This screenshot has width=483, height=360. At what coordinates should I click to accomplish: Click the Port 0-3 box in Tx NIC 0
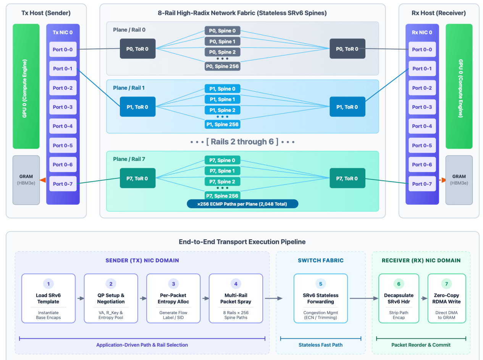[63, 107]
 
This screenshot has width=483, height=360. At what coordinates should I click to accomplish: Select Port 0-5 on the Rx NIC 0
[422, 145]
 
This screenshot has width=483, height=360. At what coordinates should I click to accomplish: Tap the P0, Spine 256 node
[222, 66]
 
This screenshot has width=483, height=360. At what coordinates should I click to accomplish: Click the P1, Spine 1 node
[222, 99]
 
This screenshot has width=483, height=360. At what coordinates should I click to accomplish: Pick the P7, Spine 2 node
[222, 182]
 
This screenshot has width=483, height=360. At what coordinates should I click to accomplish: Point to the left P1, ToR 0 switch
[137, 107]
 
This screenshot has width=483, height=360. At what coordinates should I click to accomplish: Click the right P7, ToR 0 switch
[347, 178]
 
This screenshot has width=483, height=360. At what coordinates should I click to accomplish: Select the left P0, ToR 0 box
[137, 49]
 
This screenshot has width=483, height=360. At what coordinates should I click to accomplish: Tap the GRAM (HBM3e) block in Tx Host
[26, 180]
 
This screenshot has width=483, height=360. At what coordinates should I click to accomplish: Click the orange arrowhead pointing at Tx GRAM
[43, 180]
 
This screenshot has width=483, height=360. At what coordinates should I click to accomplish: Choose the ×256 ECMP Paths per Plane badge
[242, 204]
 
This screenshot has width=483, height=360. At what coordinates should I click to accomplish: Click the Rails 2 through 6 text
[242, 142]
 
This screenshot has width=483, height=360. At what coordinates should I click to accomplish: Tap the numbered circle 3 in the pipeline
[173, 284]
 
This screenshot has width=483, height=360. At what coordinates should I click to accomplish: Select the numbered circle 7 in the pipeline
[446, 284]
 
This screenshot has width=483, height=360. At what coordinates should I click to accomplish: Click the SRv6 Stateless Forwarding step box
[321, 298]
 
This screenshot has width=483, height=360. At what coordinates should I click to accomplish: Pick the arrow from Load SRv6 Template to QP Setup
[81, 298]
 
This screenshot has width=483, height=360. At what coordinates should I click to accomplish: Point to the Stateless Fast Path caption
[320, 345]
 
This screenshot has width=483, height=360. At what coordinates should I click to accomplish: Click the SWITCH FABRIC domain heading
[321, 260]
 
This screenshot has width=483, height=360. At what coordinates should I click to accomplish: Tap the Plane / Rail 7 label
[129, 159]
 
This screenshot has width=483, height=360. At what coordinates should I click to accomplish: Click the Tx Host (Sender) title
[46, 13]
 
